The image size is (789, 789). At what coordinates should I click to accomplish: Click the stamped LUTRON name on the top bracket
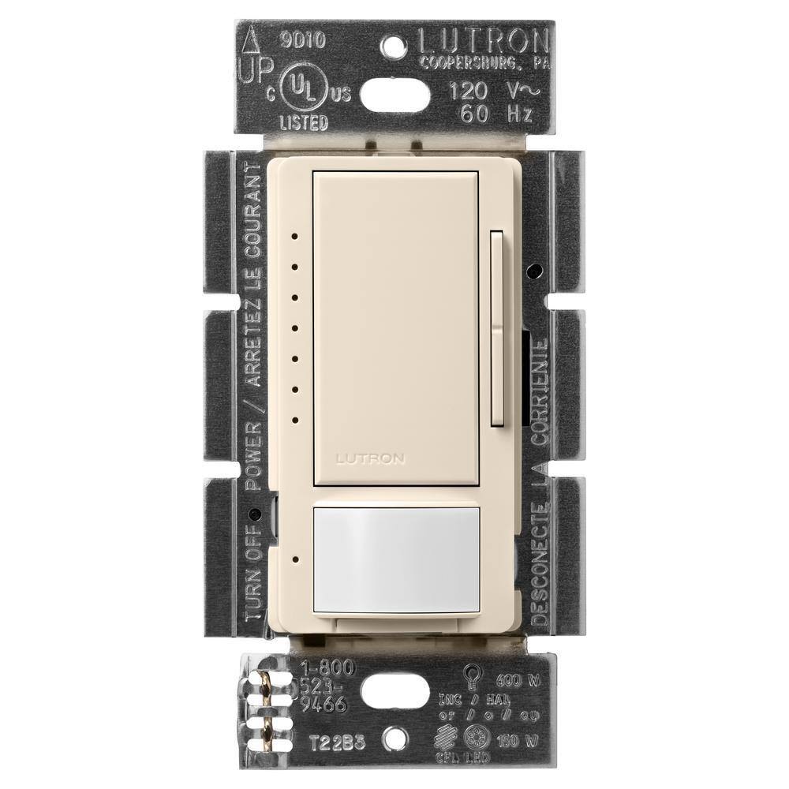click(x=482, y=39)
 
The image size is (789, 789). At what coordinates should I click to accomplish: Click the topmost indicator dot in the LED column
click(x=293, y=234)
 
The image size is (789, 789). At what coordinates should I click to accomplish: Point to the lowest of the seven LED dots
click(x=293, y=420)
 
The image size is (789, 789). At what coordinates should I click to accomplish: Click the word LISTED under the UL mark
click(x=305, y=122)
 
